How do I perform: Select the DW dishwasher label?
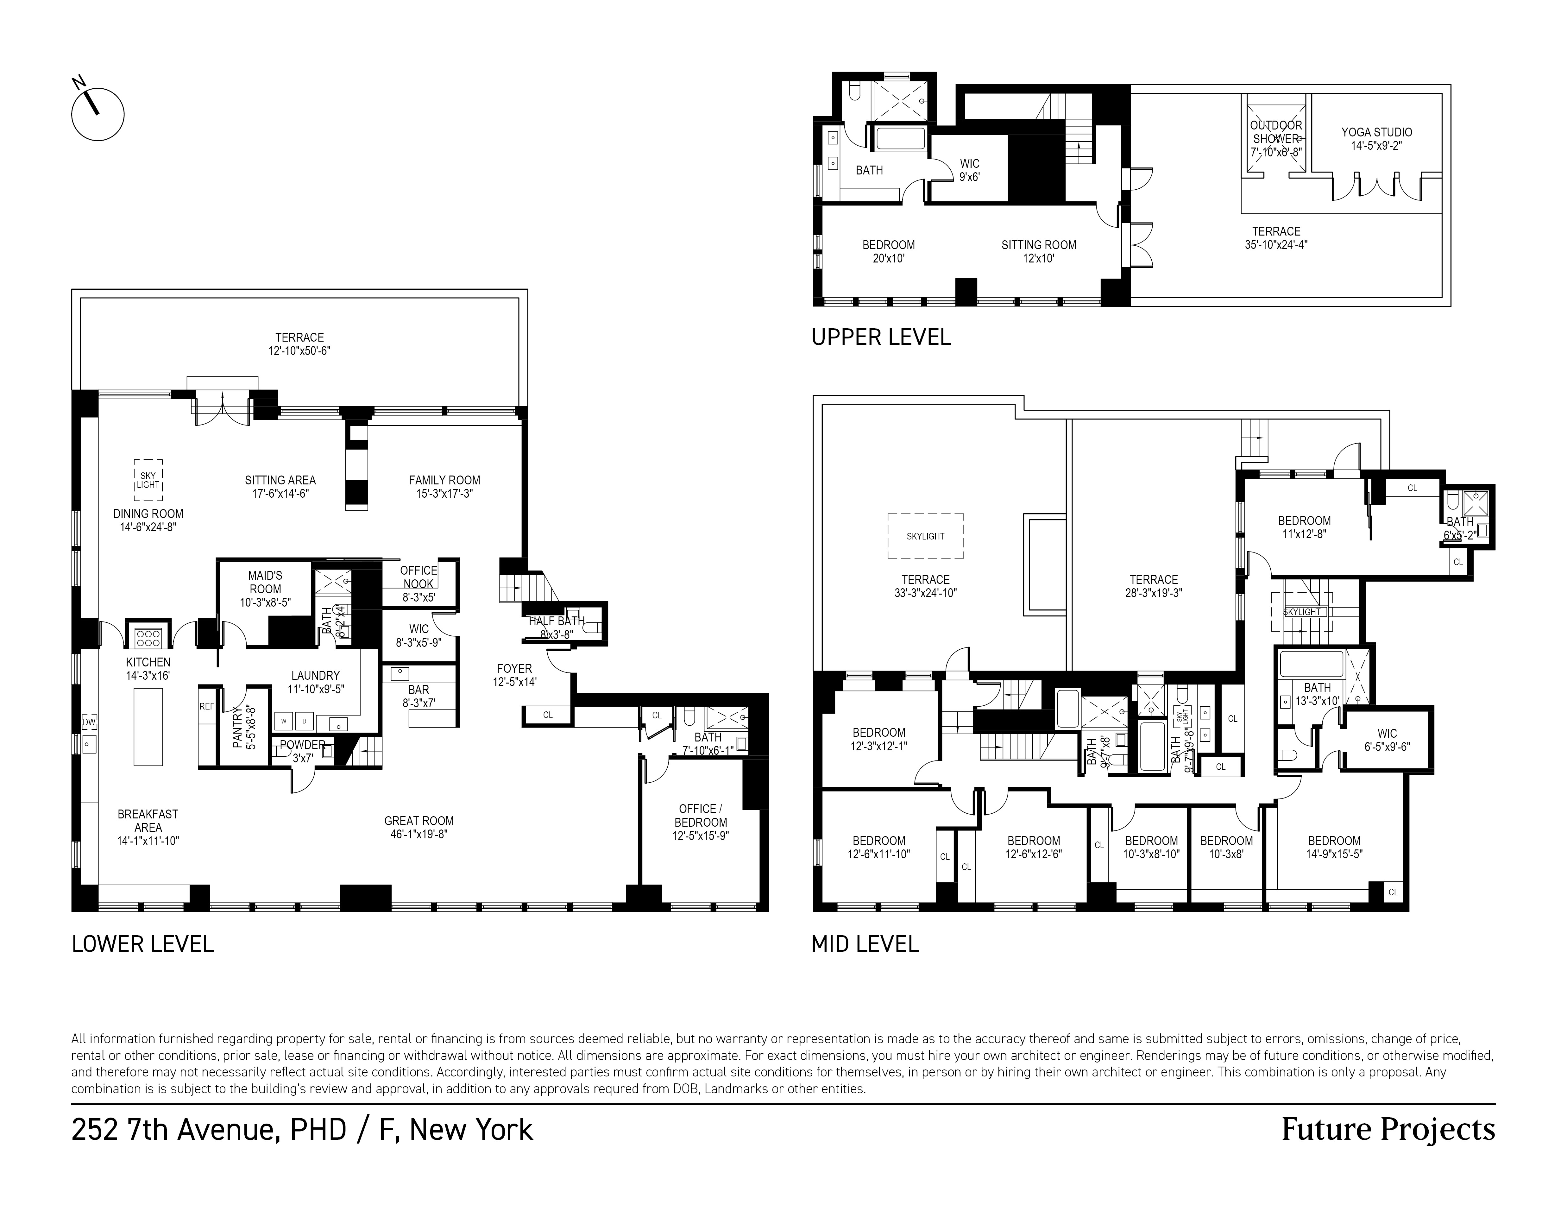[89, 722]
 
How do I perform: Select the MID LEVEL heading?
[865, 944]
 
